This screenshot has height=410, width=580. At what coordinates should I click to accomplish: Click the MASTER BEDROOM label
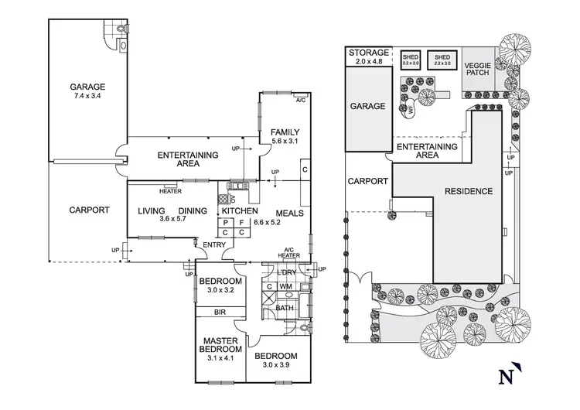(x=220, y=345)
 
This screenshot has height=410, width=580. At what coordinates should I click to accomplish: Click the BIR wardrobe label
(x=220, y=313)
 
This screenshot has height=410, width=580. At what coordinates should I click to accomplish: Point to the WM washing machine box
(x=285, y=287)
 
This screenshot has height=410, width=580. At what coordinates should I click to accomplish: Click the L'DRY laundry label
(x=287, y=274)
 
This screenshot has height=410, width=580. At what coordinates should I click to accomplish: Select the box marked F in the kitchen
(x=241, y=221)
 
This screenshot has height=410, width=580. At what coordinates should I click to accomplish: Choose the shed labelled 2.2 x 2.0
(x=410, y=60)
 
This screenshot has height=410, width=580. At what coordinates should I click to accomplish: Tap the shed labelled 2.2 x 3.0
(x=442, y=60)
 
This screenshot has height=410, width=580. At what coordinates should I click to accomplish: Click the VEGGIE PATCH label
(x=478, y=71)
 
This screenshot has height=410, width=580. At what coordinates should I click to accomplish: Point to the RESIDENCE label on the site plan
(x=468, y=191)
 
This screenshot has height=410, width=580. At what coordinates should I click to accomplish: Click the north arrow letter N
(x=507, y=378)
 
